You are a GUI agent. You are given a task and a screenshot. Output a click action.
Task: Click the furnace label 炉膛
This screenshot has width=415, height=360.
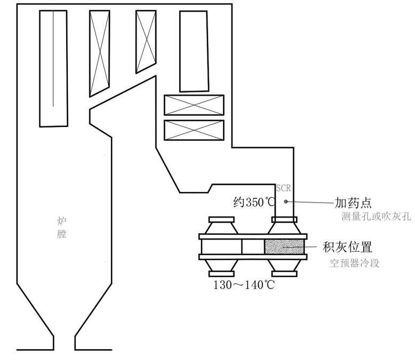pyautogui.click(x=62, y=227)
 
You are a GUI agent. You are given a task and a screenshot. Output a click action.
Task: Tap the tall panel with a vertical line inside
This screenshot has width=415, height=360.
pyautogui.click(x=53, y=68)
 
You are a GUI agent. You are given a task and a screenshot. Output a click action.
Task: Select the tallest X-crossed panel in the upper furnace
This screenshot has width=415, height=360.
pyautogui.click(x=99, y=52)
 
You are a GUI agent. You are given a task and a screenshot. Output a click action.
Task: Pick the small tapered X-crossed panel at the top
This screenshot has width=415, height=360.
pyautogui.click(x=145, y=41)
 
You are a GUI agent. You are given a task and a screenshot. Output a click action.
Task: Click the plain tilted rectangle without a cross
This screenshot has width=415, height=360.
pyautogui.click(x=194, y=51)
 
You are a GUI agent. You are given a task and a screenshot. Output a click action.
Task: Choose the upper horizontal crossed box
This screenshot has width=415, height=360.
pyautogui.click(x=194, y=105)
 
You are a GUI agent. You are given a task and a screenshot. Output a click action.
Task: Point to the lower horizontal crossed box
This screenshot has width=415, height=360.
pyautogui.click(x=194, y=130)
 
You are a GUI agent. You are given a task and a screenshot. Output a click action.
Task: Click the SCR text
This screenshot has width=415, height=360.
pyautogui.click(x=283, y=188)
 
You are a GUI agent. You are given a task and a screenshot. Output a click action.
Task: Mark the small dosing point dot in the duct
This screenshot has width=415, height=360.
pyautogui.click(x=286, y=202)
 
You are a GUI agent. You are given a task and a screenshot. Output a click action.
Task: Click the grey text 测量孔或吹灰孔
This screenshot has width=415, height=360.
pyautogui.click(x=377, y=217)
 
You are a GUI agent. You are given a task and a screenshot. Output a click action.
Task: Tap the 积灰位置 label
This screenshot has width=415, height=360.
pyautogui.click(x=347, y=247)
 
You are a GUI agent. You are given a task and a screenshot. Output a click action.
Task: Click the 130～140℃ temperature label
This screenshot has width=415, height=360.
pyautogui.click(x=244, y=285)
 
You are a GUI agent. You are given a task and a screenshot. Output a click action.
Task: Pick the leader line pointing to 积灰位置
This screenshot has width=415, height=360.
pyautogui.click(x=312, y=247)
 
